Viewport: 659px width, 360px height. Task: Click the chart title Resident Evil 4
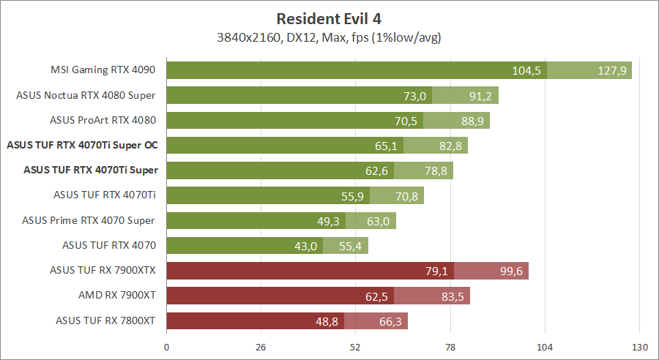click(329, 18)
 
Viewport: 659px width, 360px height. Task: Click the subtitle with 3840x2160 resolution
click(329, 36)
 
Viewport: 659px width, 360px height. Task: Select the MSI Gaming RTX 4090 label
click(103, 70)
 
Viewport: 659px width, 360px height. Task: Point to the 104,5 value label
click(526, 70)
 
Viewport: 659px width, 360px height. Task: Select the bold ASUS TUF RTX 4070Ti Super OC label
click(82, 145)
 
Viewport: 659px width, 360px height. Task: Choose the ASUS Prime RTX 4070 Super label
click(89, 220)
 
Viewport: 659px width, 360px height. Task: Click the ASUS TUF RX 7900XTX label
click(103, 270)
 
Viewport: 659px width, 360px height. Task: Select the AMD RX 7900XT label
click(117, 295)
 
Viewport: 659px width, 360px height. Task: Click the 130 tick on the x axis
click(639, 346)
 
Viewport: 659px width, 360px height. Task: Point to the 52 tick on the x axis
click(356, 346)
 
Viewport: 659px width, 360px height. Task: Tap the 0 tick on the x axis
click(167, 346)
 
